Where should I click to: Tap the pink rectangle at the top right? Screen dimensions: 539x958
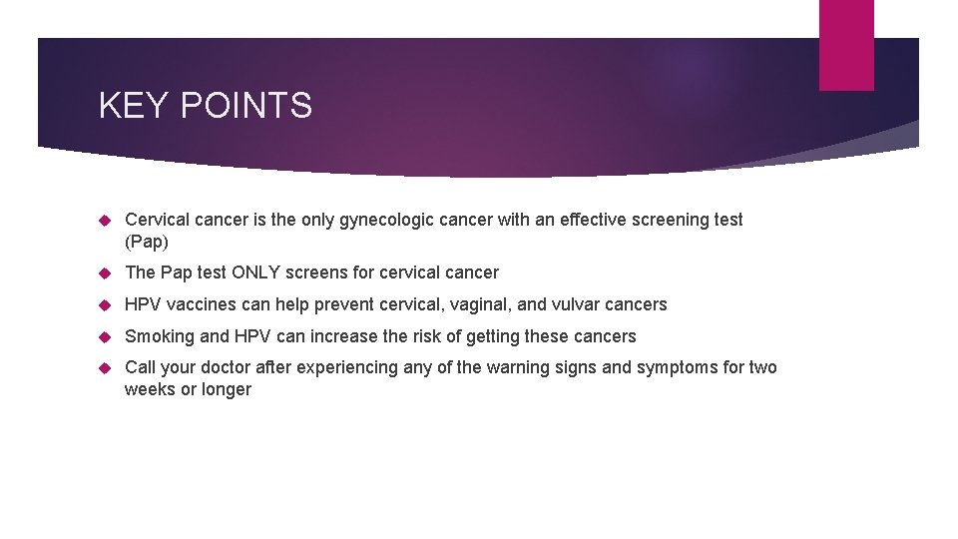(x=846, y=45)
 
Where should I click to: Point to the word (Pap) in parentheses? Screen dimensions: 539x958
(x=148, y=242)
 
